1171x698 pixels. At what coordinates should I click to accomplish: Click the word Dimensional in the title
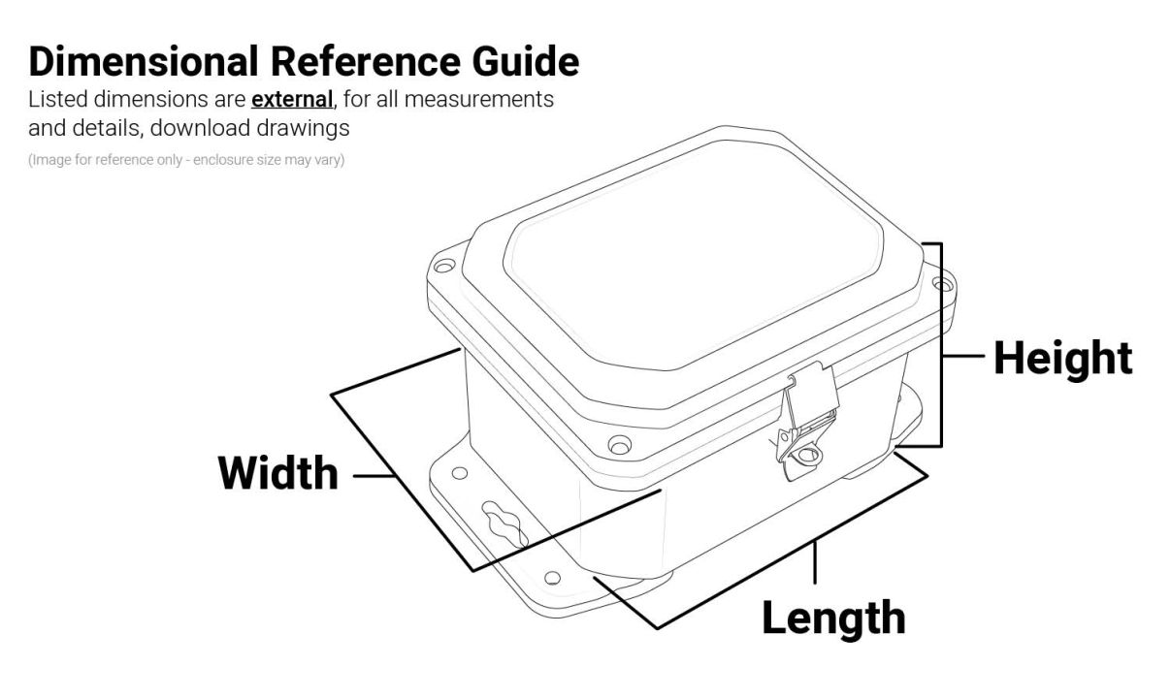click(144, 61)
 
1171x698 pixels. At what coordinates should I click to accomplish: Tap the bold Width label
click(278, 473)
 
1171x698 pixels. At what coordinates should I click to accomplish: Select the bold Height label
click(1062, 358)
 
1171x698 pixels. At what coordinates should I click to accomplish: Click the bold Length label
click(833, 618)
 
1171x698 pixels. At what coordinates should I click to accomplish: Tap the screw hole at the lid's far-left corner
click(443, 266)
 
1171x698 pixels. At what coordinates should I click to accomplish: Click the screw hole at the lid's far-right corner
click(938, 283)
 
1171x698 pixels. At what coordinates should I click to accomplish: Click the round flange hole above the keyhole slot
click(460, 473)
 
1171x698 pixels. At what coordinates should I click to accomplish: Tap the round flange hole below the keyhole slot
click(552, 578)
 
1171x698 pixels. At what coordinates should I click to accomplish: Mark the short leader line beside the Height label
click(964, 357)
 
